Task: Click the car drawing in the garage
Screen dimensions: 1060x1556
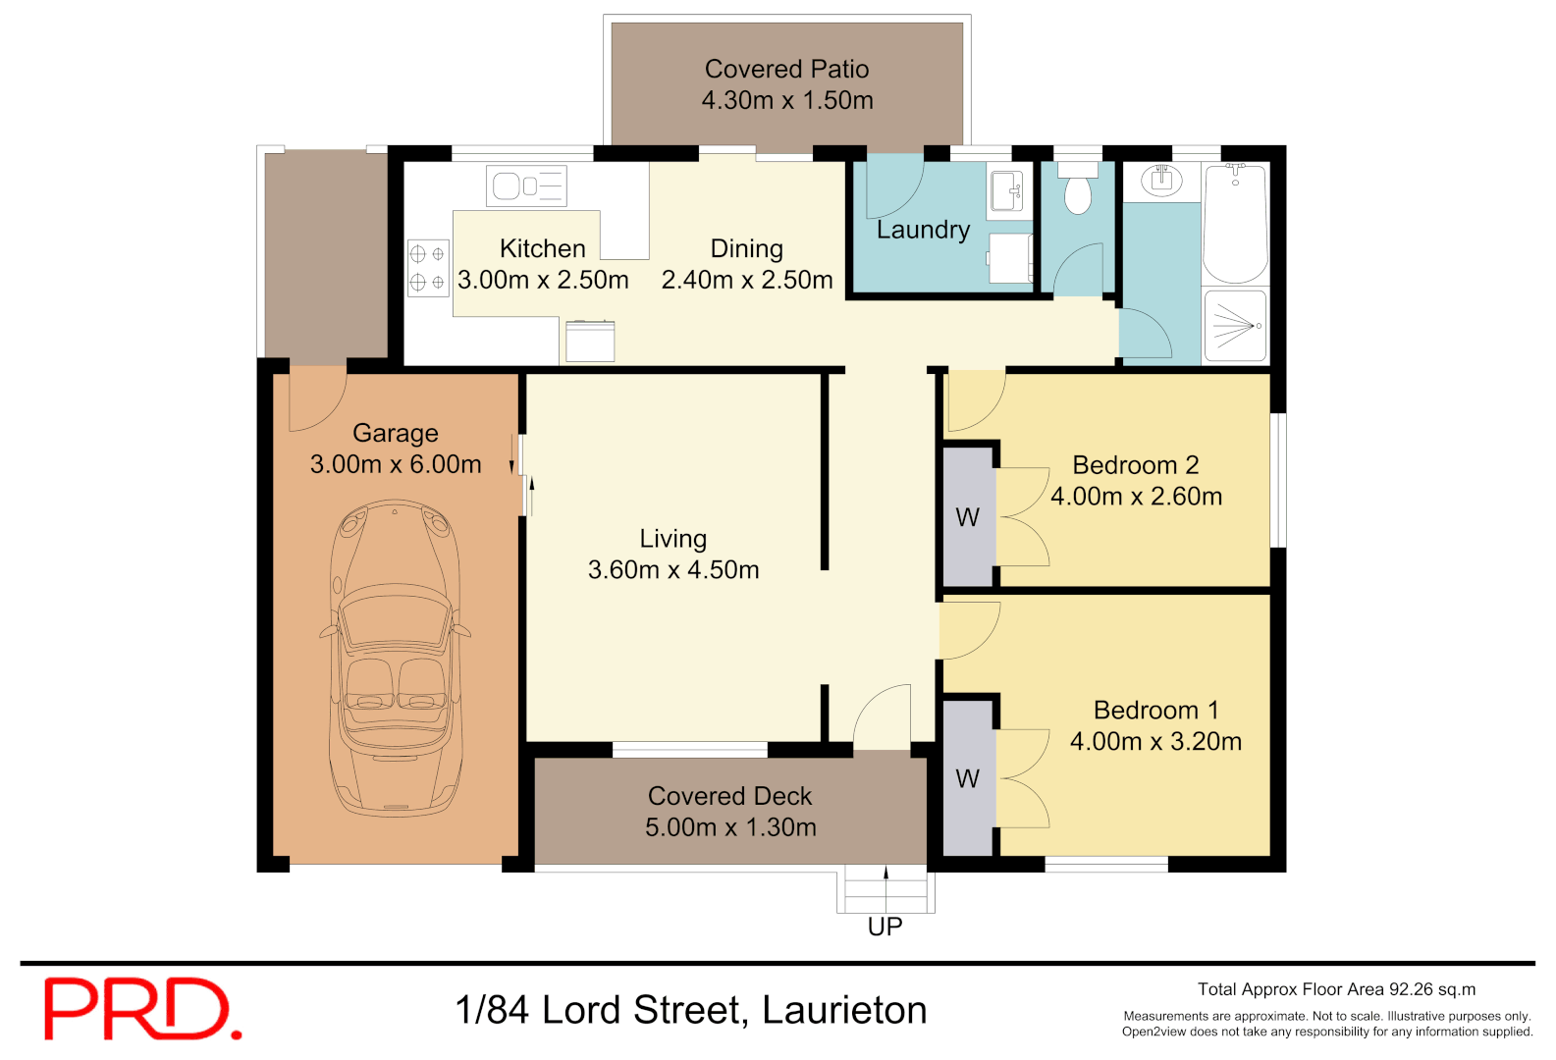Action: pos(395,658)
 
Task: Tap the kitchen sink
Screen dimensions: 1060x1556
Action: pos(526,185)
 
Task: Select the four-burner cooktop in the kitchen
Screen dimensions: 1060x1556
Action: pos(428,268)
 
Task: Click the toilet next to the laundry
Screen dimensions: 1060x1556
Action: pos(1078,190)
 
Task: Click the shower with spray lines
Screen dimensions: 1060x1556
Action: pos(1235,325)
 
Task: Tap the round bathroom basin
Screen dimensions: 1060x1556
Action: pos(1162,180)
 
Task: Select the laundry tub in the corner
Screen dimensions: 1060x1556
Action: pos(1006,189)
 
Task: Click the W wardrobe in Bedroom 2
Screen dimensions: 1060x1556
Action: pos(968,517)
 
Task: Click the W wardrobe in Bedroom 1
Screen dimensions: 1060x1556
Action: pos(968,778)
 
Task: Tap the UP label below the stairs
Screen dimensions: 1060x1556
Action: pos(885,927)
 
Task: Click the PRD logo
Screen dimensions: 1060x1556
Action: pos(141,1008)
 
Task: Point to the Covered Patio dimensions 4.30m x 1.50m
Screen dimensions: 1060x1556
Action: pos(787,100)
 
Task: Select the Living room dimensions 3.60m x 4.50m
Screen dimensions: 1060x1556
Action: pos(673,570)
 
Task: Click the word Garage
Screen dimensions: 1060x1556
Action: pos(396,433)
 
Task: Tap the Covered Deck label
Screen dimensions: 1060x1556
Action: pos(729,796)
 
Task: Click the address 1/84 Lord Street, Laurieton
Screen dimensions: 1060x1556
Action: pos(691,1010)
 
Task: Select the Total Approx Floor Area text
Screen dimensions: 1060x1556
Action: pos(1336,989)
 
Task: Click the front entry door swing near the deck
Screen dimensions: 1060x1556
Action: pos(883,718)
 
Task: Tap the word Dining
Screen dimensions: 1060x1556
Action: pos(747,248)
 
